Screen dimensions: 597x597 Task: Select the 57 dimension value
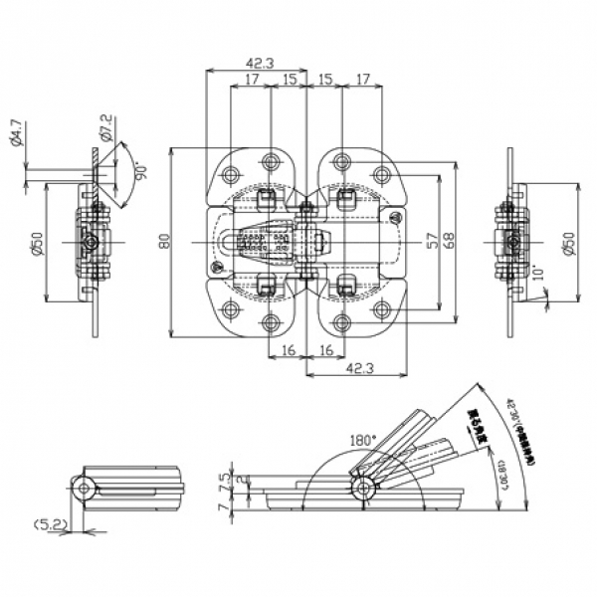pyautogui.click(x=431, y=241)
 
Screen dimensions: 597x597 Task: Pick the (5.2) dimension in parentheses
pyautogui.click(x=49, y=522)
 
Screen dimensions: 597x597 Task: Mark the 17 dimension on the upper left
pyautogui.click(x=249, y=79)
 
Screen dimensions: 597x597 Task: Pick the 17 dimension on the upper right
pyautogui.click(x=360, y=79)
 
